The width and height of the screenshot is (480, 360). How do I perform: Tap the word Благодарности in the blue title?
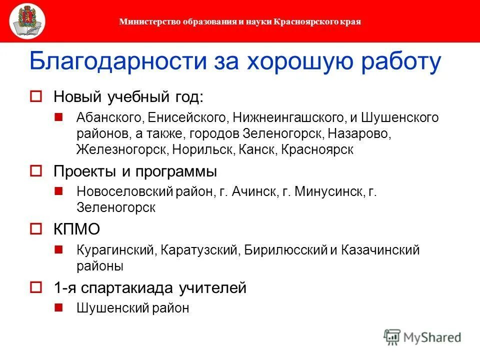click(x=118, y=62)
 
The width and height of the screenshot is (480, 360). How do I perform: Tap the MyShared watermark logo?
click(x=422, y=337)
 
